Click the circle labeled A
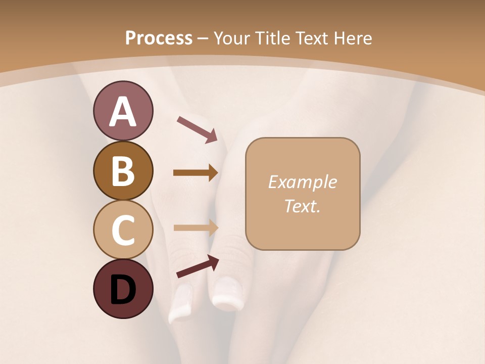[123, 111]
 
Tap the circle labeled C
[123, 230]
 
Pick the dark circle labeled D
[123, 289]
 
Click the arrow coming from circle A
[197, 129]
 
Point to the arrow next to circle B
[196, 173]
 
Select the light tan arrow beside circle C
[196, 227]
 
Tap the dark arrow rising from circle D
[198, 266]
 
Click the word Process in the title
[159, 38]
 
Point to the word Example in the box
[302, 182]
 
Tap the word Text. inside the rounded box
[302, 206]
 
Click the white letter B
[123, 171]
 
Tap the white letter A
[123, 112]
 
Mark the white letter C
[123, 230]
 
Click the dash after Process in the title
[203, 39]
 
